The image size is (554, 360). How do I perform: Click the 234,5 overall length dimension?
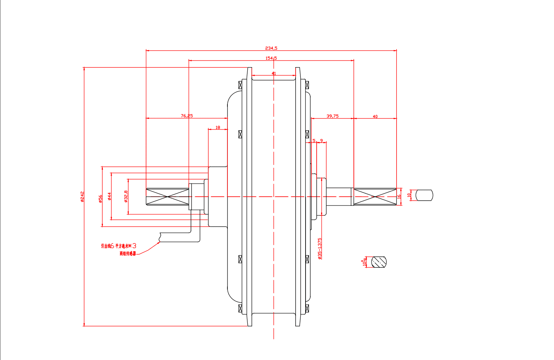(271, 48)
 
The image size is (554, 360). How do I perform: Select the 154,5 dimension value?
(271, 58)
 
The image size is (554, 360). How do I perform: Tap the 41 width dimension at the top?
(273, 73)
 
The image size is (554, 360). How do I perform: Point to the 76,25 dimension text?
(187, 116)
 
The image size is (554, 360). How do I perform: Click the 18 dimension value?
(217, 128)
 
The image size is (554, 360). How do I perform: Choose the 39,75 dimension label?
(332, 116)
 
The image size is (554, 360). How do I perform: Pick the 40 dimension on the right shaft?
(375, 117)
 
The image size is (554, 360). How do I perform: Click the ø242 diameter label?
(82, 197)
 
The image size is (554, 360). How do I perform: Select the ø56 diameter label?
(100, 199)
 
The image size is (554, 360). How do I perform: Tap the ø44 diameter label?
(109, 196)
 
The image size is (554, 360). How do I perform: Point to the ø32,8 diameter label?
(126, 196)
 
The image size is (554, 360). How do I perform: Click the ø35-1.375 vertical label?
(320, 249)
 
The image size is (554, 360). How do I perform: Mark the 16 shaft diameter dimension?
(399, 196)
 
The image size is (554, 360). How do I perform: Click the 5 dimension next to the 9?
(314, 141)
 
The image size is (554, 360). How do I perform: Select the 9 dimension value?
(321, 141)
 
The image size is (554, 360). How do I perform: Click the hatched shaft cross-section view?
(379, 262)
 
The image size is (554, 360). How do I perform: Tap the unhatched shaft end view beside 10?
(424, 195)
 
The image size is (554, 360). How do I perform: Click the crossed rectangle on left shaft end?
(168, 197)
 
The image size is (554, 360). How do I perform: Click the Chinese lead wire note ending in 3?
(119, 246)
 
